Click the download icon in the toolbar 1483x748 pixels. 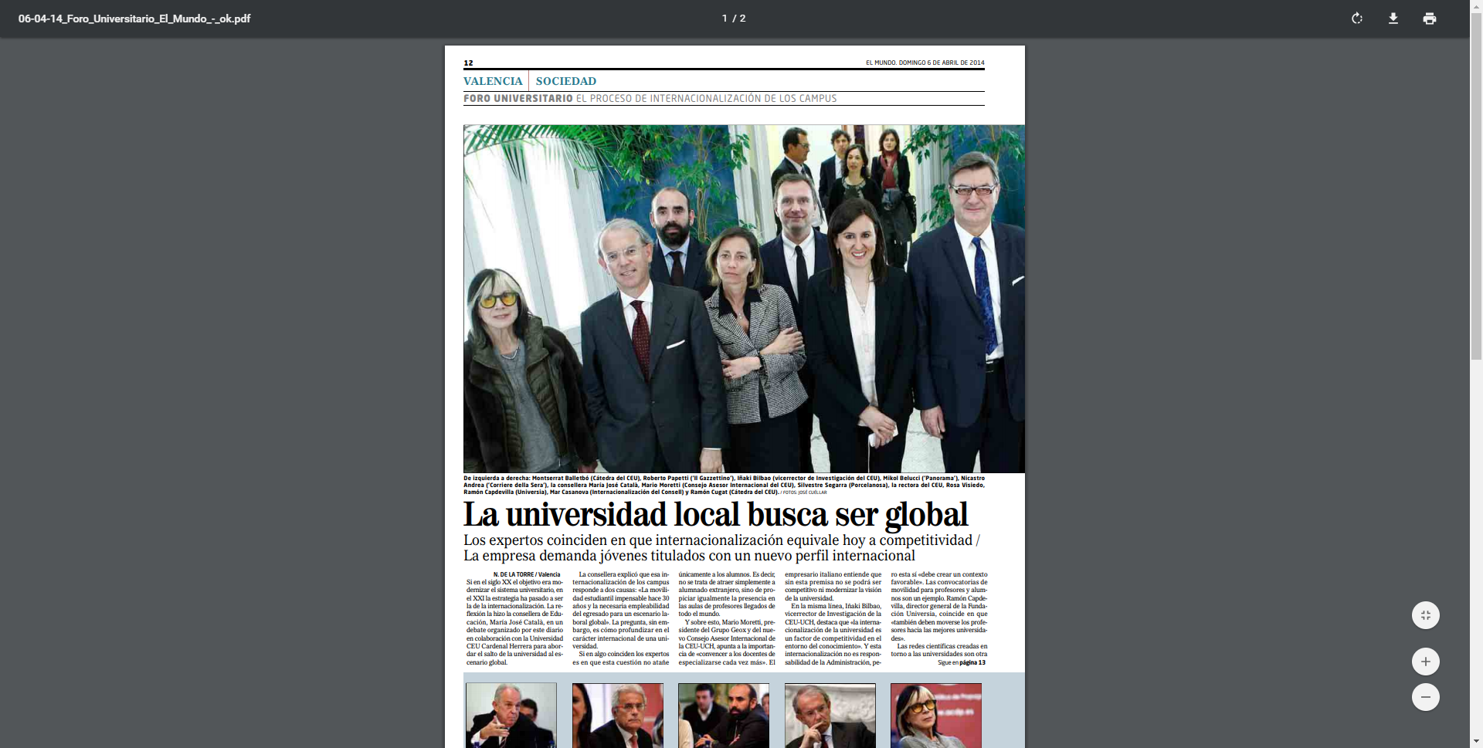tap(1393, 19)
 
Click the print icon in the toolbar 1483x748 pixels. tap(1430, 19)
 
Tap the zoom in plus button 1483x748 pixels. tap(1425, 662)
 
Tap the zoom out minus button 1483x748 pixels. tap(1425, 697)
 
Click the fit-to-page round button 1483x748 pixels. tap(1425, 615)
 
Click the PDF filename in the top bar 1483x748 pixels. tap(134, 19)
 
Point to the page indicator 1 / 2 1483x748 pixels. tap(734, 19)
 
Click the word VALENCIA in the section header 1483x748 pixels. tap(493, 81)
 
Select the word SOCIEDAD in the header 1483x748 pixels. tap(565, 81)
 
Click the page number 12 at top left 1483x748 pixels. tap(468, 63)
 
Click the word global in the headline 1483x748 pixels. tap(926, 516)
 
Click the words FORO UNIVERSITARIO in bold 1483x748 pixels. tap(518, 99)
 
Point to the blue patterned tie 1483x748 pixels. tap(985, 293)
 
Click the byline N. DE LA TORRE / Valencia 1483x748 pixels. tap(527, 575)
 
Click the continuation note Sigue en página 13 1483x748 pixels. tap(961, 663)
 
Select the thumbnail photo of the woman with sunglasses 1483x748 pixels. tap(935, 715)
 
